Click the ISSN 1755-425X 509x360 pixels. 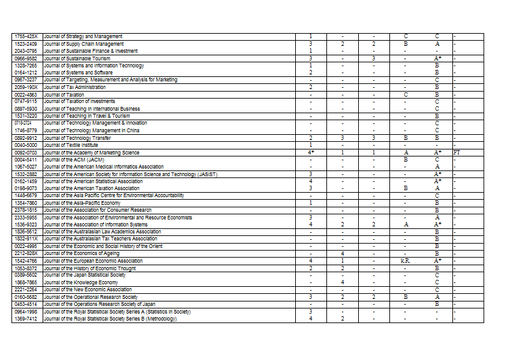26,36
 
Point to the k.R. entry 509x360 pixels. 405,261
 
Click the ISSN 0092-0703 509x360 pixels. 26,153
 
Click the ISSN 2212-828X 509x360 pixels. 26,254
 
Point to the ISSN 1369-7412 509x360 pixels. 26,319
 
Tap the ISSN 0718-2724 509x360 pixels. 26,123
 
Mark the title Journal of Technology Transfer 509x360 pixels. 81,138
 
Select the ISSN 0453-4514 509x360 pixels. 26,304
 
